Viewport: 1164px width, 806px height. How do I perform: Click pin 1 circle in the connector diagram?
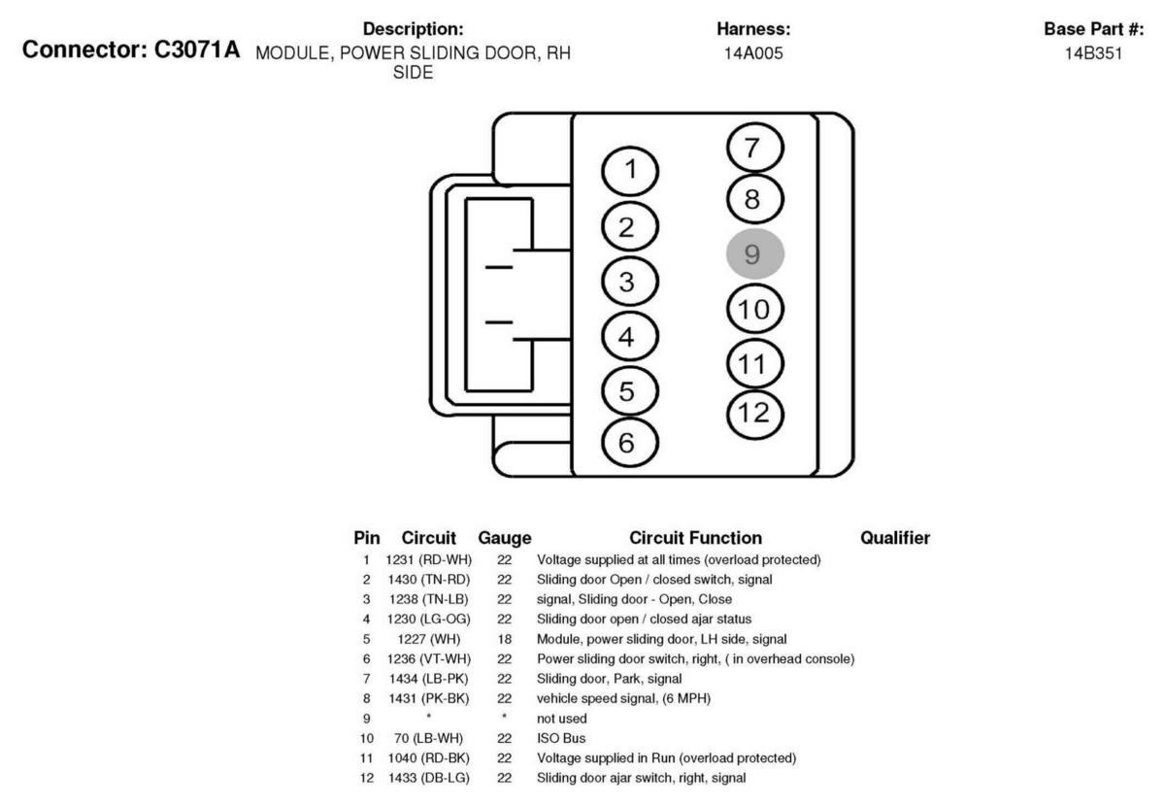tap(631, 171)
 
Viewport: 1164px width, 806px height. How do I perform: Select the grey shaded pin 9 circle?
tap(754, 253)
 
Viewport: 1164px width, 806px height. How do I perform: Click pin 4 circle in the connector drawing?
tap(631, 338)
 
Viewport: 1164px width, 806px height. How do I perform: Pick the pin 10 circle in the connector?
tap(754, 310)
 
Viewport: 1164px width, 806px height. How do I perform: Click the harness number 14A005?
tap(753, 53)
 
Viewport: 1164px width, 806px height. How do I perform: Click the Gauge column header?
tap(505, 537)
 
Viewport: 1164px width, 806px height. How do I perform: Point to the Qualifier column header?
tap(895, 537)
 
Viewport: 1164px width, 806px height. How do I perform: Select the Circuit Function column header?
tap(695, 537)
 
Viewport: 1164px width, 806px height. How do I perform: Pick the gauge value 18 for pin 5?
tap(505, 638)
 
